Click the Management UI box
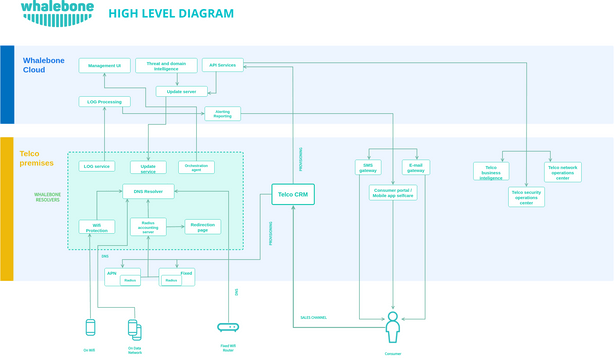click(104, 65)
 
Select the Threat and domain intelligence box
click(166, 65)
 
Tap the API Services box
click(222, 65)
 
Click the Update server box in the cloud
click(181, 91)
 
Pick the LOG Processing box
click(104, 101)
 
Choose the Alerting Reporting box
click(222, 113)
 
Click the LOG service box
click(96, 166)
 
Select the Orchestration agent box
click(196, 167)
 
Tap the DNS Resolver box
click(148, 191)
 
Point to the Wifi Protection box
click(96, 227)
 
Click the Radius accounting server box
click(148, 227)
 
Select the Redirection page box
click(202, 227)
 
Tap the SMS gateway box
click(368, 167)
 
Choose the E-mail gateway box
click(416, 167)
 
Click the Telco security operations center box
click(526, 197)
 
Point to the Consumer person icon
click(393, 327)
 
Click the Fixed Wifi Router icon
click(228, 327)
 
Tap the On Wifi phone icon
click(90, 327)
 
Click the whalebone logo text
click(57, 12)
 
